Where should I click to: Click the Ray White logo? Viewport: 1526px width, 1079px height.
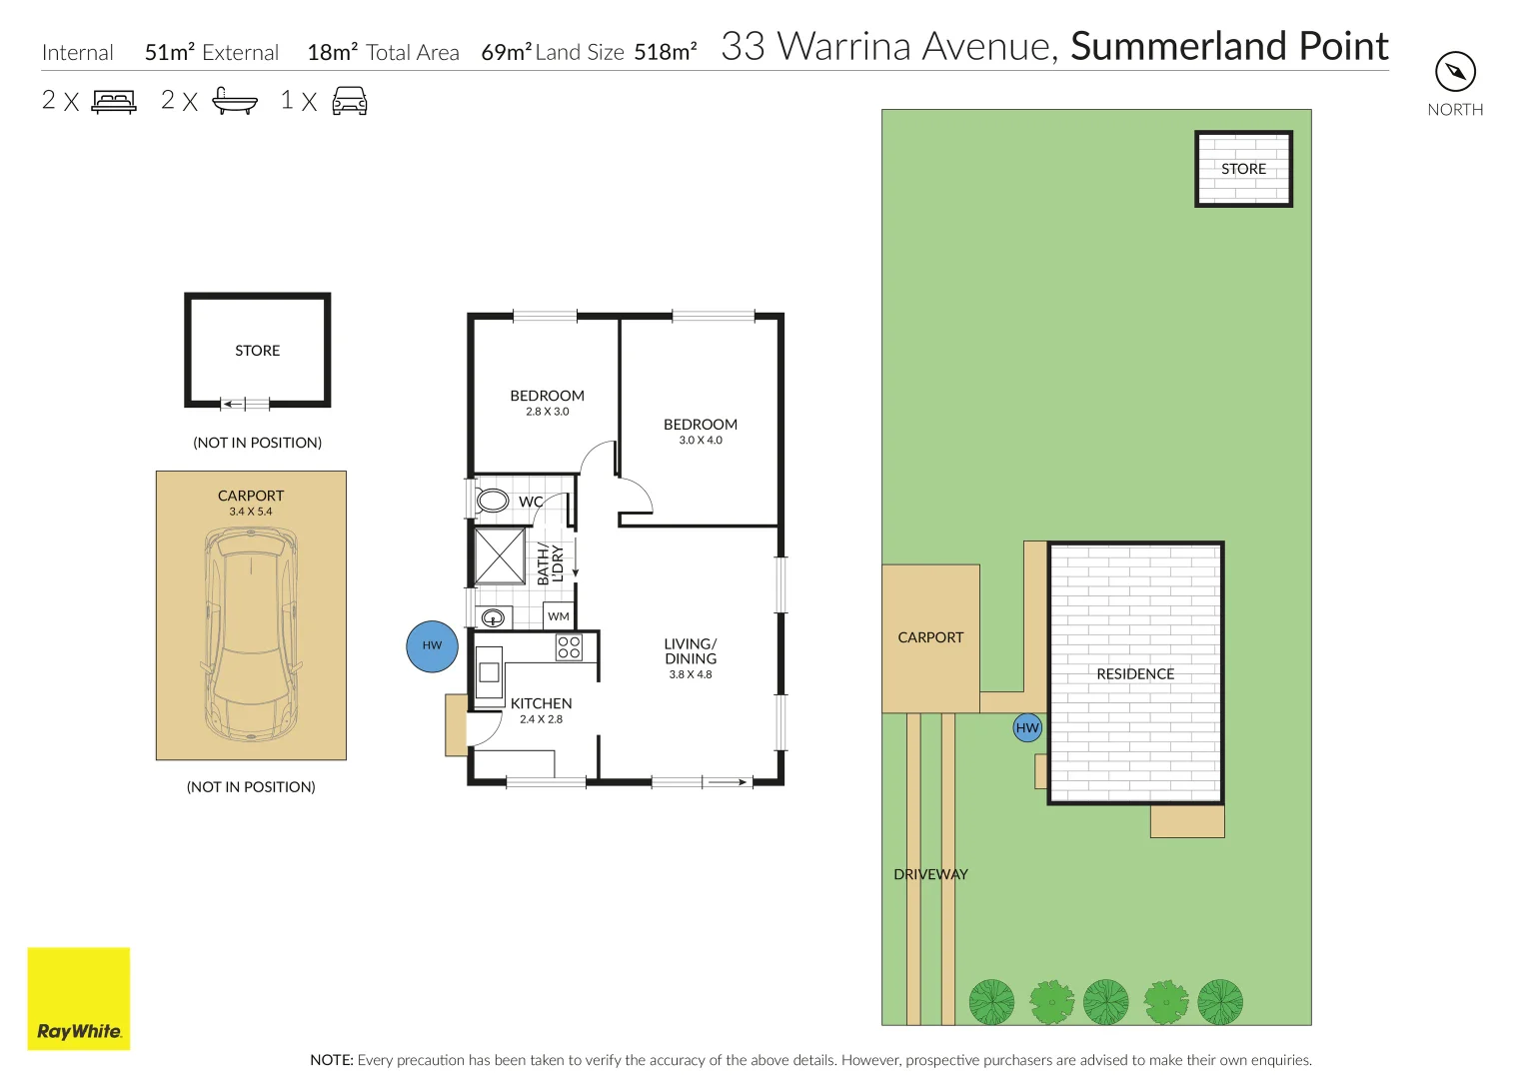(78, 998)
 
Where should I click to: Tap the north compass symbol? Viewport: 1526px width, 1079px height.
(1455, 72)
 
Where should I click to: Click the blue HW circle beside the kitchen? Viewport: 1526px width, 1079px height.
(432, 645)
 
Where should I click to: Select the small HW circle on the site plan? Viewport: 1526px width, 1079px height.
(1026, 727)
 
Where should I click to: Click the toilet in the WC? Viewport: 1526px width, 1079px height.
(491, 501)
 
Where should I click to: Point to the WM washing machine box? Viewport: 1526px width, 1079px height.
(559, 616)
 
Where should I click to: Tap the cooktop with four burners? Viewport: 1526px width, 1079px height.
(569, 647)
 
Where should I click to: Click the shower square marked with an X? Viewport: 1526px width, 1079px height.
(500, 555)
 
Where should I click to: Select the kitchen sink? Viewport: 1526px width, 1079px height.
(489, 671)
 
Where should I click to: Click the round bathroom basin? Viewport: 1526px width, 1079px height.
(493, 617)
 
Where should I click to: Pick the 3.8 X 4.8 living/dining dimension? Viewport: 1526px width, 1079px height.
(691, 674)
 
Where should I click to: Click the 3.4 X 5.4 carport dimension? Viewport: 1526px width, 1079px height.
(251, 512)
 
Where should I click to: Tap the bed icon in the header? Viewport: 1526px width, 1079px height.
(114, 102)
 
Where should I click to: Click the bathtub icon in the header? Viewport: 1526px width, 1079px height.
(235, 101)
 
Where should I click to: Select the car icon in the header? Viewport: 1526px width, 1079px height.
(350, 101)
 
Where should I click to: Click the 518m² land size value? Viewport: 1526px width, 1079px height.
(665, 51)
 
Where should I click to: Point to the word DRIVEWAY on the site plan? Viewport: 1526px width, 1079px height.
(930, 874)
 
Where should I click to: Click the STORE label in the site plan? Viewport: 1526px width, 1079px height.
(1243, 169)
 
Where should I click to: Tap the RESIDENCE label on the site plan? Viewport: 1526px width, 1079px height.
(1135, 673)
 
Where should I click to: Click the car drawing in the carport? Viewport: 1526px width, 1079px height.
(251, 634)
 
